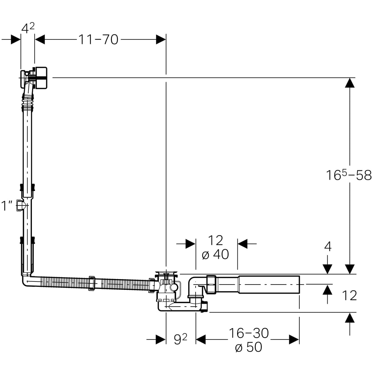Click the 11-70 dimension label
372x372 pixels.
point(99,40)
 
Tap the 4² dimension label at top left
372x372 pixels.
point(28,28)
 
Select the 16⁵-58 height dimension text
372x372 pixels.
point(349,175)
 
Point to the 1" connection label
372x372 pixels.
point(7,206)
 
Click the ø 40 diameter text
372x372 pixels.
point(215,254)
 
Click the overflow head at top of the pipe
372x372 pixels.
point(34,78)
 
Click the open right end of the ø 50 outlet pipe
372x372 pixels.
point(299,285)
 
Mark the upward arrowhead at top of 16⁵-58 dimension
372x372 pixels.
point(350,83)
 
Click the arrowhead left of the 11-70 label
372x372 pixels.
point(40,40)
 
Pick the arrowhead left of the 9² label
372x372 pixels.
point(161,339)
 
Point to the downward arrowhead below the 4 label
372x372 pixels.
point(327,269)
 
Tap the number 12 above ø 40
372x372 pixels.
point(216,240)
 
